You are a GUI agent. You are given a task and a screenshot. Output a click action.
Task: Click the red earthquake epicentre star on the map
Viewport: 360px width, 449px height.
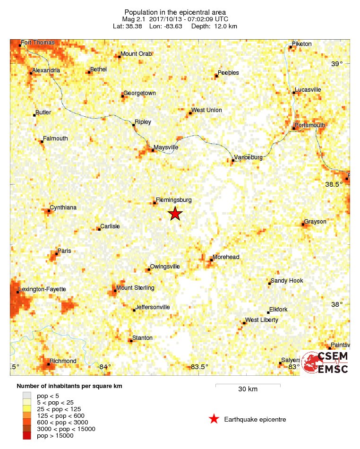175,214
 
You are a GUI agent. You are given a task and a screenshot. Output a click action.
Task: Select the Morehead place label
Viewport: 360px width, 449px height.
226,257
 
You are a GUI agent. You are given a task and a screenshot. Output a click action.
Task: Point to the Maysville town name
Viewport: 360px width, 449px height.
166,147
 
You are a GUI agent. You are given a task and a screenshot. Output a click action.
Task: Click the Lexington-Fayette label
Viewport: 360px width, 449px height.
42,289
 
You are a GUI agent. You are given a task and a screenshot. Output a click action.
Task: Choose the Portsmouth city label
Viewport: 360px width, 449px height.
310,125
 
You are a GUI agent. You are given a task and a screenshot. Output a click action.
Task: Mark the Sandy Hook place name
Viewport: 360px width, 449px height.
287,281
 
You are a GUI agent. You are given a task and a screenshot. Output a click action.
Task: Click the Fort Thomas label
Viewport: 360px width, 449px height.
38,43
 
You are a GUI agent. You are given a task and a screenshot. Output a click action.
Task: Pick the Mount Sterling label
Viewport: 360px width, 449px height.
135,288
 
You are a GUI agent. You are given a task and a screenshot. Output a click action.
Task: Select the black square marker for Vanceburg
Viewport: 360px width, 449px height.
233,161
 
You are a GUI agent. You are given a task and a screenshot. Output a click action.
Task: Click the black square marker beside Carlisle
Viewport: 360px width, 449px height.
99,229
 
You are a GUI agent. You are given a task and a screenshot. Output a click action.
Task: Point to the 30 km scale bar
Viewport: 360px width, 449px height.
248,386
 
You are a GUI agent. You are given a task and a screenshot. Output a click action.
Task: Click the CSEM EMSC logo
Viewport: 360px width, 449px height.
326,363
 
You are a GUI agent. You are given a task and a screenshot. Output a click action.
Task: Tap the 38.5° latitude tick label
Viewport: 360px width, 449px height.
336,184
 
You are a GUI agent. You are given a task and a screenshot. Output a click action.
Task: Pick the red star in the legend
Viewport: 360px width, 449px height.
214,419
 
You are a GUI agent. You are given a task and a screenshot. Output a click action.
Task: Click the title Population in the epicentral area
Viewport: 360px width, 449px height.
175,12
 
